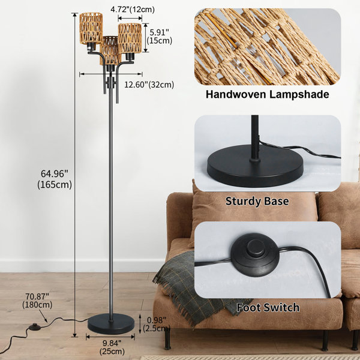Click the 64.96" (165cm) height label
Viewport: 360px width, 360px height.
[55, 179]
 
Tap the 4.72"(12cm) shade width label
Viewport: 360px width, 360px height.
[133, 10]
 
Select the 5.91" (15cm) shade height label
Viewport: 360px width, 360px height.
[160, 37]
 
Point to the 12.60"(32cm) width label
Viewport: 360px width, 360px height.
[149, 85]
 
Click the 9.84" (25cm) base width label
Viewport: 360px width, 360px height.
[112, 347]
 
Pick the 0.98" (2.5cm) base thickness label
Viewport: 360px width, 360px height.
[157, 324]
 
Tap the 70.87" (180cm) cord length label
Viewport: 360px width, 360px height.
[37, 301]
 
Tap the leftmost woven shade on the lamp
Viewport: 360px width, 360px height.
[91, 28]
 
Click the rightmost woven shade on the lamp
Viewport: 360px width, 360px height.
[130, 38]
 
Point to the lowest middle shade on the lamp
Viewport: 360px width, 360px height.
[110, 50]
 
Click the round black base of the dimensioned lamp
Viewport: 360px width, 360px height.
[111, 324]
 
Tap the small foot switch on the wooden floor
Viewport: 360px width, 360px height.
[35, 326]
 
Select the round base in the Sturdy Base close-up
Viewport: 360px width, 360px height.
[255, 166]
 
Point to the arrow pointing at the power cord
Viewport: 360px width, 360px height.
[43, 316]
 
